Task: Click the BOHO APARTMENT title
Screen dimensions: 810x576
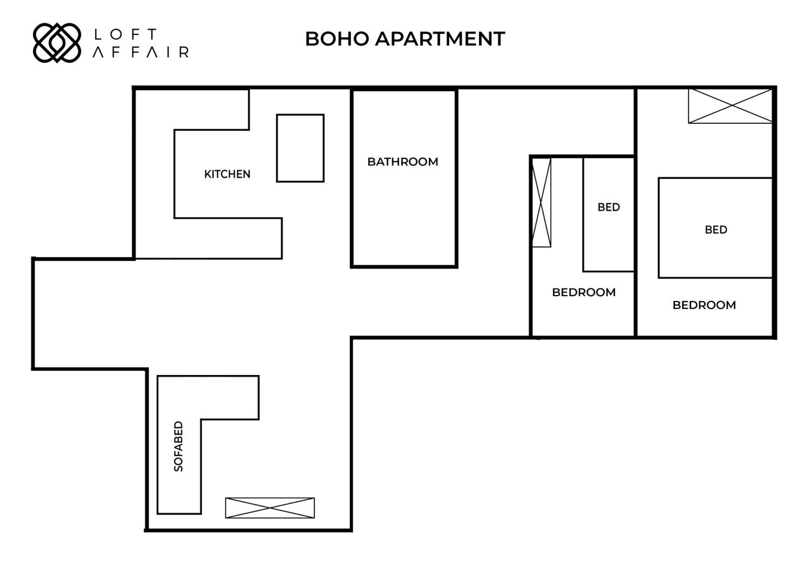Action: [x=405, y=39]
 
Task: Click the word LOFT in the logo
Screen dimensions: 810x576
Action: [x=125, y=34]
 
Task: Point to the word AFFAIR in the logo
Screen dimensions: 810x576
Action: [x=141, y=52]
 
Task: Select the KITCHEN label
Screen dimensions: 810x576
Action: [x=227, y=174]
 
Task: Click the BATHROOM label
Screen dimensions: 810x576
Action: [x=403, y=162]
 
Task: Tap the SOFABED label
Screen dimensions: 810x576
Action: [x=178, y=446]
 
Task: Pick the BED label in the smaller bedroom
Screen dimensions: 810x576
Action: [x=609, y=207]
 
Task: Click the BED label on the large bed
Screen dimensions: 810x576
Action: [x=716, y=230]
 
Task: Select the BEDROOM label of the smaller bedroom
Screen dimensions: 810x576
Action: [x=584, y=292]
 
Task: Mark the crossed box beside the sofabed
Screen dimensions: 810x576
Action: [x=270, y=508]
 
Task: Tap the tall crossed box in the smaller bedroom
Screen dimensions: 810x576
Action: [x=542, y=202]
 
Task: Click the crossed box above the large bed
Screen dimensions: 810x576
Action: [x=730, y=106]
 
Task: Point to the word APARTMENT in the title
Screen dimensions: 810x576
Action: [x=440, y=39]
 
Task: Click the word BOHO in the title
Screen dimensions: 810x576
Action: [x=337, y=39]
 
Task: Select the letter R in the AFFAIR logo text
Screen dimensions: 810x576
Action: [x=184, y=52]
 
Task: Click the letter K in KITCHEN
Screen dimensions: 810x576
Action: [x=208, y=174]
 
